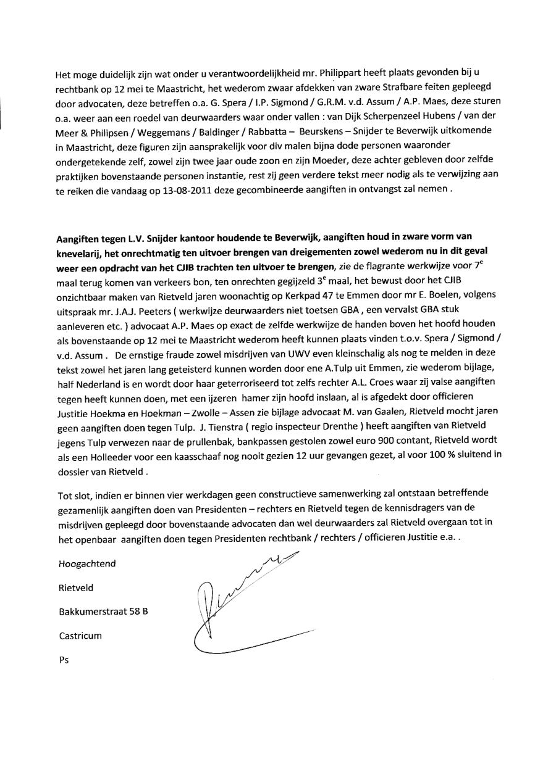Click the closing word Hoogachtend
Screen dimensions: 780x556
tap(86, 563)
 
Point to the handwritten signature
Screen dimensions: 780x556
tap(241, 611)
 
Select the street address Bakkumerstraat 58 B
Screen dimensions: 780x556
tap(103, 612)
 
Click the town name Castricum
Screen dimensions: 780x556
tap(80, 635)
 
